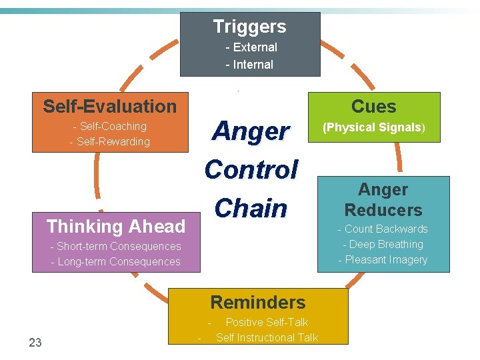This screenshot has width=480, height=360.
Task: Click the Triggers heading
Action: (x=249, y=27)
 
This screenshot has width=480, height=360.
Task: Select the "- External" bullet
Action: (x=251, y=47)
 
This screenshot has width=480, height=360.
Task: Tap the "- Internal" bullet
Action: (x=249, y=65)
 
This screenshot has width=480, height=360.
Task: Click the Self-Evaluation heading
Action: (x=110, y=106)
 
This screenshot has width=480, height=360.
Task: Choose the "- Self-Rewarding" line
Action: (x=110, y=141)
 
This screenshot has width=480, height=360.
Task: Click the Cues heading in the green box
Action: (x=373, y=107)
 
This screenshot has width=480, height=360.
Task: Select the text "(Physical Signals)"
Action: (x=374, y=127)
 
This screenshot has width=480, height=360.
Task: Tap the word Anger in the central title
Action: (x=250, y=131)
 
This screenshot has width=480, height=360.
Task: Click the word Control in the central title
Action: (x=251, y=169)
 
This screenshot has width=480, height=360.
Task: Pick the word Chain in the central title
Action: (x=251, y=208)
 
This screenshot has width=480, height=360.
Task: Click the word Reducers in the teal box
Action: (x=383, y=210)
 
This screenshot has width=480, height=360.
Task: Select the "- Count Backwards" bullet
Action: (x=383, y=229)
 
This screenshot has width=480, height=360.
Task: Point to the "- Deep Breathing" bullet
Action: (x=383, y=244)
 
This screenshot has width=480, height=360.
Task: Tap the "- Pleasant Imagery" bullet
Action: (x=383, y=259)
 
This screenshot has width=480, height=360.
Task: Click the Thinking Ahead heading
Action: (x=116, y=227)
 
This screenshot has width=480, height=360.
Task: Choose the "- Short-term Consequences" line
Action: (x=116, y=246)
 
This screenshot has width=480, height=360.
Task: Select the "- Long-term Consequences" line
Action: (x=116, y=261)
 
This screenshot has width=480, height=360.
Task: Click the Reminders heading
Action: (x=258, y=302)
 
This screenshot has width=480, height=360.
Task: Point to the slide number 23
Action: (x=35, y=343)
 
